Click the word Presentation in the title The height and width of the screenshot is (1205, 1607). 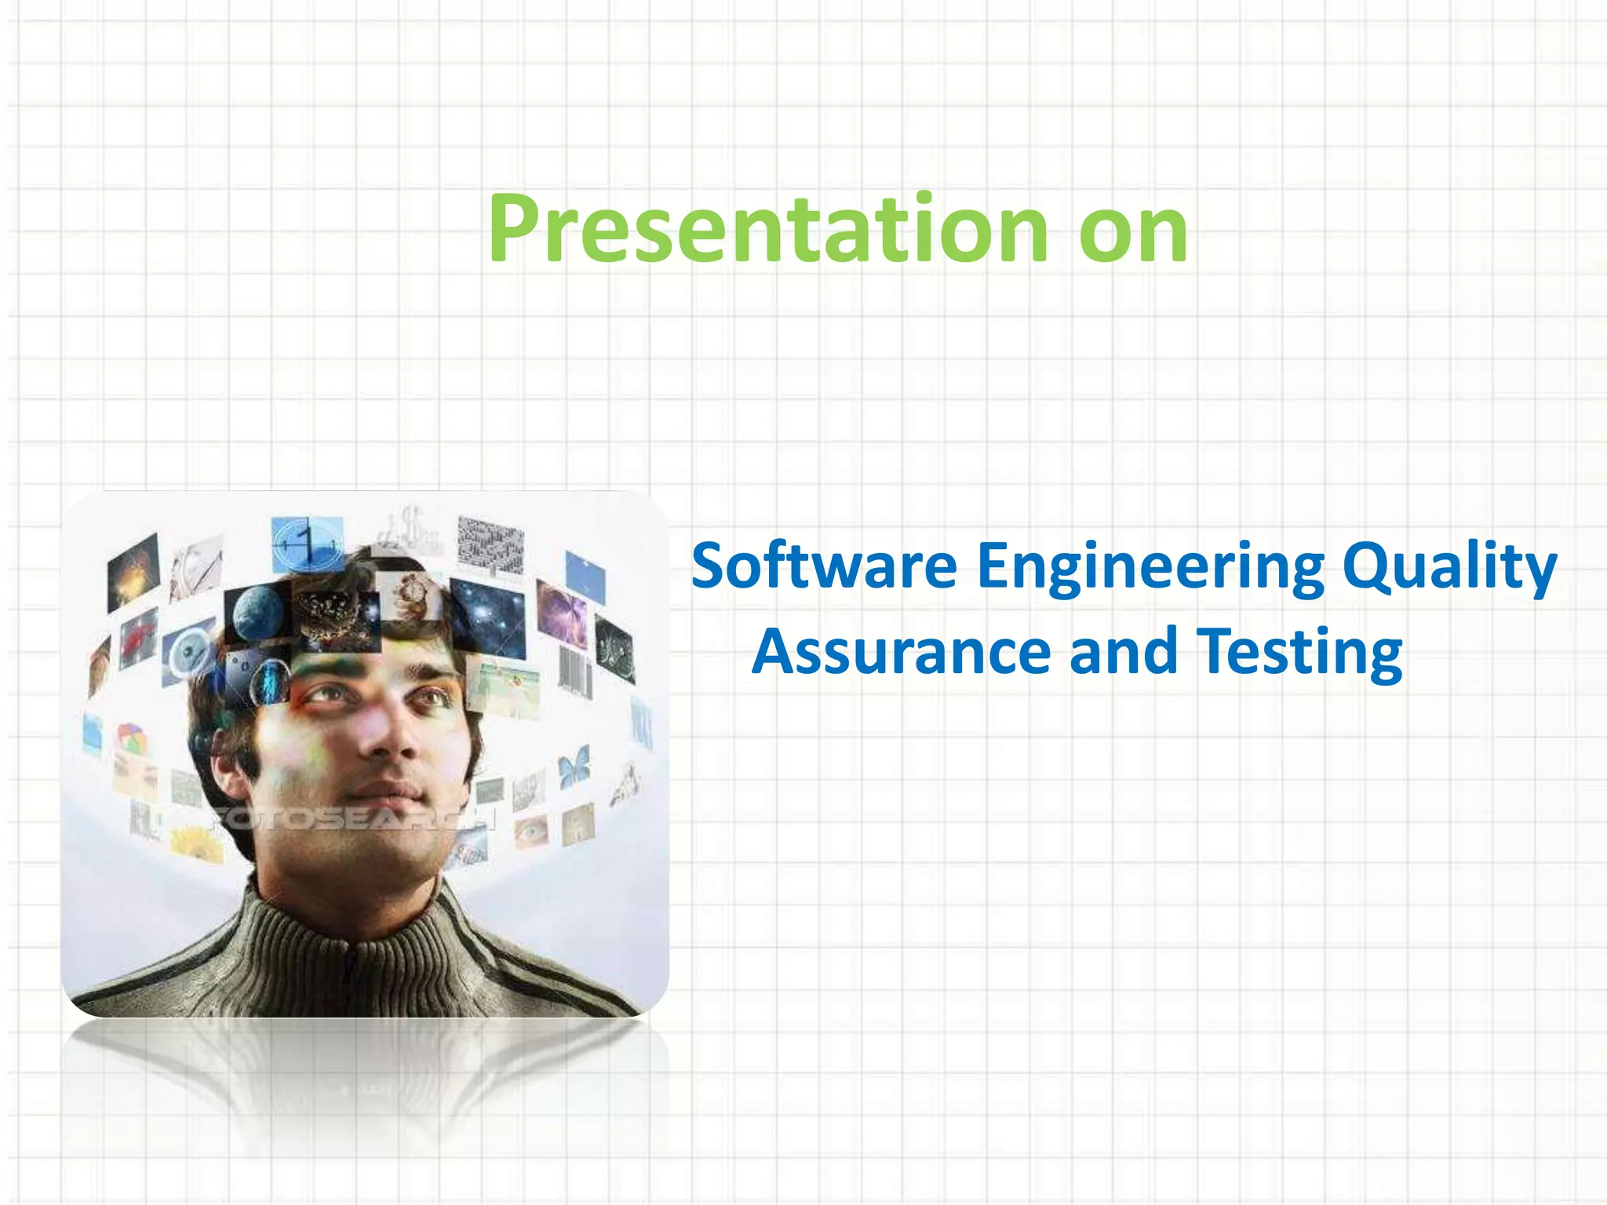(x=767, y=229)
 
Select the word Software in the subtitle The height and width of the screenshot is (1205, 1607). (x=824, y=566)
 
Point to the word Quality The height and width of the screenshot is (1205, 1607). (x=1448, y=566)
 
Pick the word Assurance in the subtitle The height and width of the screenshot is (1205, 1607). (x=901, y=653)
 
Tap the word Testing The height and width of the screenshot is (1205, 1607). (x=1299, y=653)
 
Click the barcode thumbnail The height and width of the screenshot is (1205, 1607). (x=574, y=671)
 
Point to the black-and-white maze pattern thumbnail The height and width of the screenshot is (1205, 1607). (x=490, y=545)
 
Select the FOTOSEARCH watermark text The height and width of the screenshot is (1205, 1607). (x=353, y=819)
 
